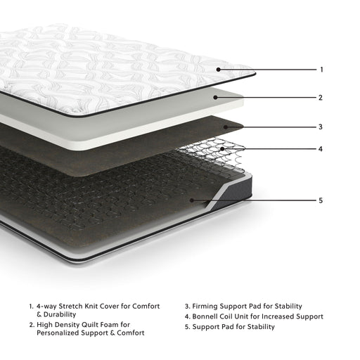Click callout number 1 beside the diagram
pyautogui.click(x=321, y=70)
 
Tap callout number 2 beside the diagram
pyautogui.click(x=321, y=98)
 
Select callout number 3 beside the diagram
pyautogui.click(x=321, y=127)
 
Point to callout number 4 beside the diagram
pyautogui.click(x=321, y=149)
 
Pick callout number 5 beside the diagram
pyautogui.click(x=321, y=200)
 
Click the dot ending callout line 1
pyautogui.click(x=219, y=70)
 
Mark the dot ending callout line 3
pyautogui.click(x=226, y=127)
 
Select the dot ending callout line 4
pyautogui.click(x=223, y=149)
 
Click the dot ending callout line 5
pyautogui.click(x=192, y=200)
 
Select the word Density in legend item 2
pyautogui.click(x=70, y=324)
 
